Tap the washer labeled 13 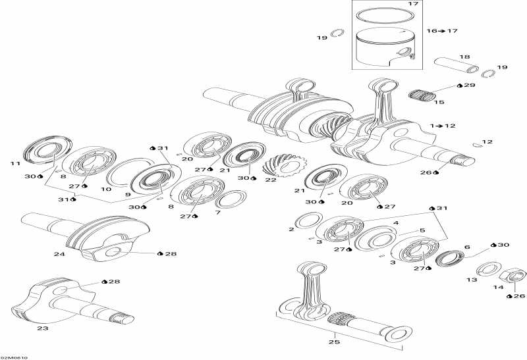(487, 268)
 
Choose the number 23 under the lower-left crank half (43, 328)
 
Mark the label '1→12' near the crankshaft (443, 125)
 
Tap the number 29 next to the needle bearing (469, 86)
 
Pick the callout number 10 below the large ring (105, 189)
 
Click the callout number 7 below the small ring (218, 212)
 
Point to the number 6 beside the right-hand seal (466, 247)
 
